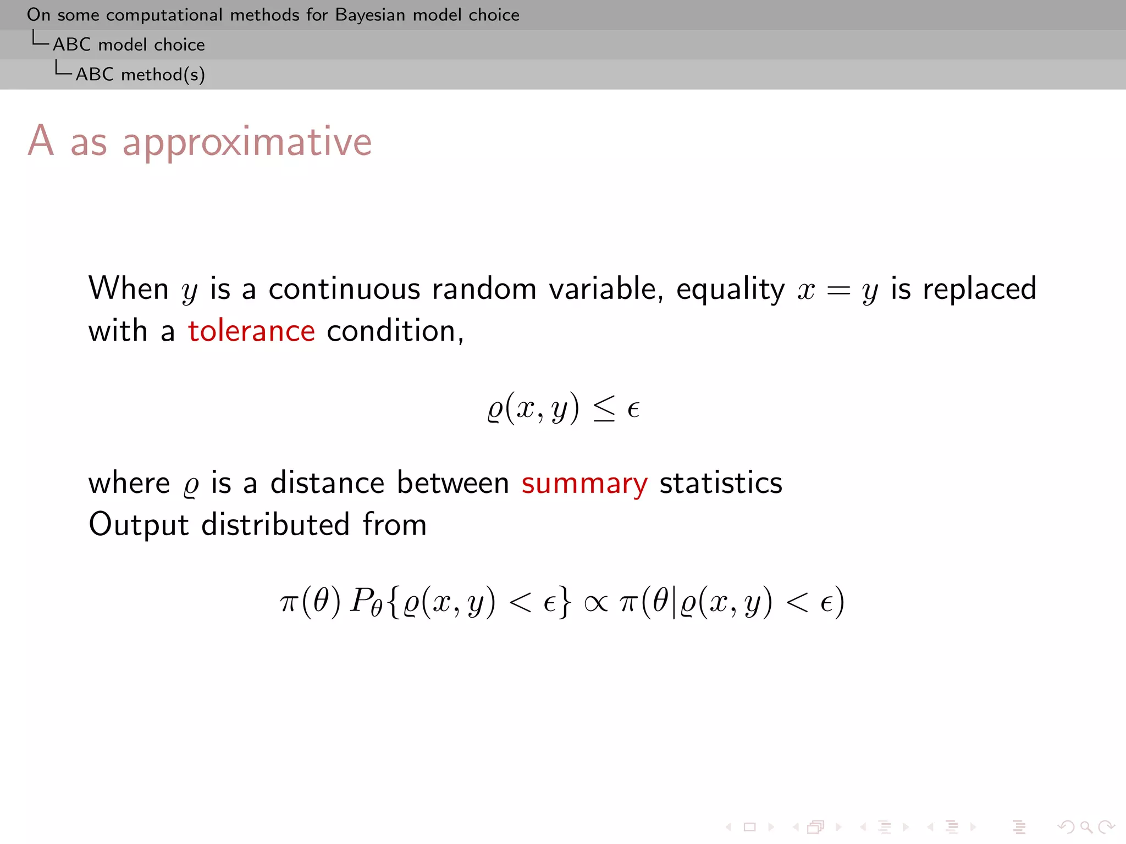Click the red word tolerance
coord(251,331)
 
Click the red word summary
coord(584,484)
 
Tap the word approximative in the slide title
coord(247,142)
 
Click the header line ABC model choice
coord(129,45)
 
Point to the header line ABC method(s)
coord(140,74)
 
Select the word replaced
coord(979,289)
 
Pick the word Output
coord(139,524)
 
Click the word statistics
coord(720,484)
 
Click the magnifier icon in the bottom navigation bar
coord(1086,826)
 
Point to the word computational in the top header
coord(164,15)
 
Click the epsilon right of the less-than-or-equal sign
coord(633,410)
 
